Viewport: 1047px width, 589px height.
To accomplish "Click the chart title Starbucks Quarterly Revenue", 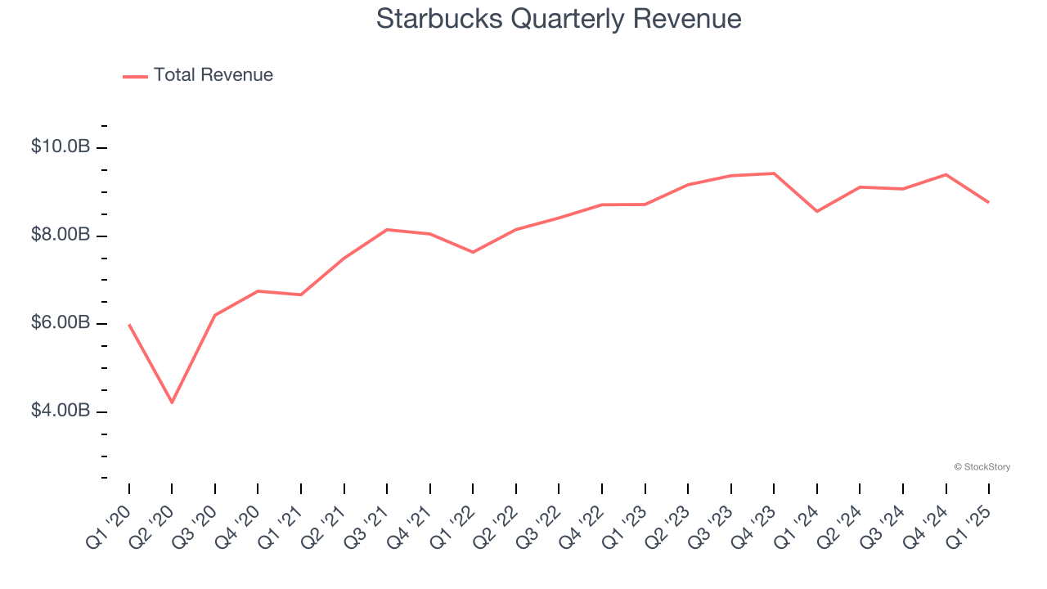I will point(559,19).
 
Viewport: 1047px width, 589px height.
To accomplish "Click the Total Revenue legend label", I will point(213,75).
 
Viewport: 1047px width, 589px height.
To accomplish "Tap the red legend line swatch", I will point(135,76).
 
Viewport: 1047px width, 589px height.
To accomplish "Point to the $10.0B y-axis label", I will point(61,147).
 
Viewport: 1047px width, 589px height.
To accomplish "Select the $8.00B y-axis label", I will point(61,236).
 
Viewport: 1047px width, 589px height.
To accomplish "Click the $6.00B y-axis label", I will point(61,323).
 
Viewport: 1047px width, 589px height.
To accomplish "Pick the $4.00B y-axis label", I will point(61,411).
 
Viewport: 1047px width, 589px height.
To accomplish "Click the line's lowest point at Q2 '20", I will point(172,402).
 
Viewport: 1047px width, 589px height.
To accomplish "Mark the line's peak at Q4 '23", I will point(774,173).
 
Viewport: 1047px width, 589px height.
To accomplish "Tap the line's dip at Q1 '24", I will point(817,211).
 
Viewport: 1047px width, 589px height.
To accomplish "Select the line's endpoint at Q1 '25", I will point(989,202).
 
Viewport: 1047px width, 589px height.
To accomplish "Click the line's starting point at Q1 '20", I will point(129,325).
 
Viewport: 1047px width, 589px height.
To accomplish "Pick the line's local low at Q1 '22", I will point(473,252).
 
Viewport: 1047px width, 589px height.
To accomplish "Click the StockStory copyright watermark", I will point(982,467).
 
